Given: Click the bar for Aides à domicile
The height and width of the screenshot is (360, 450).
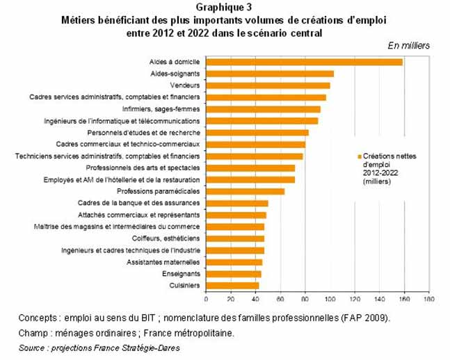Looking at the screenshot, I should click(304, 62).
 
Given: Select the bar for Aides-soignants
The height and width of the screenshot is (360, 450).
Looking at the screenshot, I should click(270, 74).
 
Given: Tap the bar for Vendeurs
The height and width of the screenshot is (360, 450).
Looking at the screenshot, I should click(268, 85).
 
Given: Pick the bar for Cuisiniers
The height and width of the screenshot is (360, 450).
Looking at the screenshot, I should click(232, 285).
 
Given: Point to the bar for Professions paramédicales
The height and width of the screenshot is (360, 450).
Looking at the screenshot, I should click(246, 191).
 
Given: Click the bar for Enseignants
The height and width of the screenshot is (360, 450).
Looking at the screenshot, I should click(234, 274).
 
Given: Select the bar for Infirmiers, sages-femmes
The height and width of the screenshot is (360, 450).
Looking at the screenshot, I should click(263, 109).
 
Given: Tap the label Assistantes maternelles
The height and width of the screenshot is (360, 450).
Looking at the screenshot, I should click(163, 262).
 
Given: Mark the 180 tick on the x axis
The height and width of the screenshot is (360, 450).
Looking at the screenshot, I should click(428, 299).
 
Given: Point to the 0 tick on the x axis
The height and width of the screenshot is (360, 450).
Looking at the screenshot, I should click(206, 299).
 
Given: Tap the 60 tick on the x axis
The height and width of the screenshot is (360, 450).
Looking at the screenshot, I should click(280, 299).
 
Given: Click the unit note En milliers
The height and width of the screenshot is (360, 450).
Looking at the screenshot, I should click(408, 45).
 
